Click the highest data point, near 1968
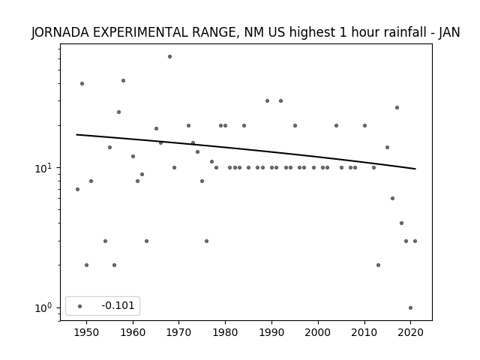(170, 57)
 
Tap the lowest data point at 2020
(410, 308)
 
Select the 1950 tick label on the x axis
(87, 333)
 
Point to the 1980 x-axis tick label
(225, 333)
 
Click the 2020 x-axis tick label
(410, 333)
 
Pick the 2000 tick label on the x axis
(318, 333)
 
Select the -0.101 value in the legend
(118, 305)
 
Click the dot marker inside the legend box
(80, 306)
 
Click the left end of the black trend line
(76, 134)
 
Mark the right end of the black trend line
(415, 169)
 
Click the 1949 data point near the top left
(82, 83)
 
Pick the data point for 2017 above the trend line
(397, 107)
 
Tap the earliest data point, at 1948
(77, 190)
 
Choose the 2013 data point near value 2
(378, 265)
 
